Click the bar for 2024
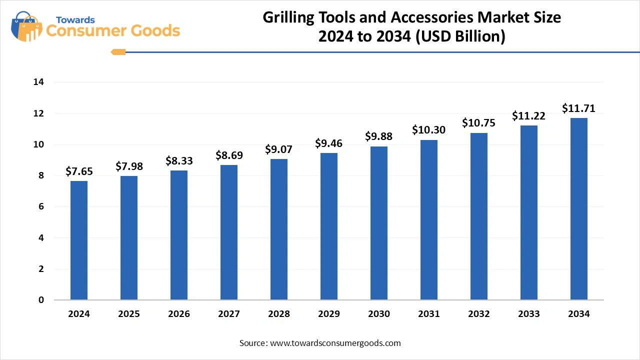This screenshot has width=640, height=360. [79, 240]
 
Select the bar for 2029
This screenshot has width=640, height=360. [329, 226]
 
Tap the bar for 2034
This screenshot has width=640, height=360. [579, 209]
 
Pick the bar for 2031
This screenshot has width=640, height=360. [429, 220]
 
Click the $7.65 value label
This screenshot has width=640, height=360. [79, 171]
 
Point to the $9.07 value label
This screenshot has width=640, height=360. [279, 149]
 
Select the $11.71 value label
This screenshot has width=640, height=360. [579, 108]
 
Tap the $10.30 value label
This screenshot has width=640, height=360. [429, 130]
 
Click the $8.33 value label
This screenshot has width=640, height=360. [179, 161]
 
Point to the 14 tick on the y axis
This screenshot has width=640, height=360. [38, 82]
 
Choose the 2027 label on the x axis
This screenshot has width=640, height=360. [229, 314]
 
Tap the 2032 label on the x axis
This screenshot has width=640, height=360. [479, 314]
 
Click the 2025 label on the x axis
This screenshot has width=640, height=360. [129, 314]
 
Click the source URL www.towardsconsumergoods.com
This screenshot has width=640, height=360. [335, 343]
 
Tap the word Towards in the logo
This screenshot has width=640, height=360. [75, 20]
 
